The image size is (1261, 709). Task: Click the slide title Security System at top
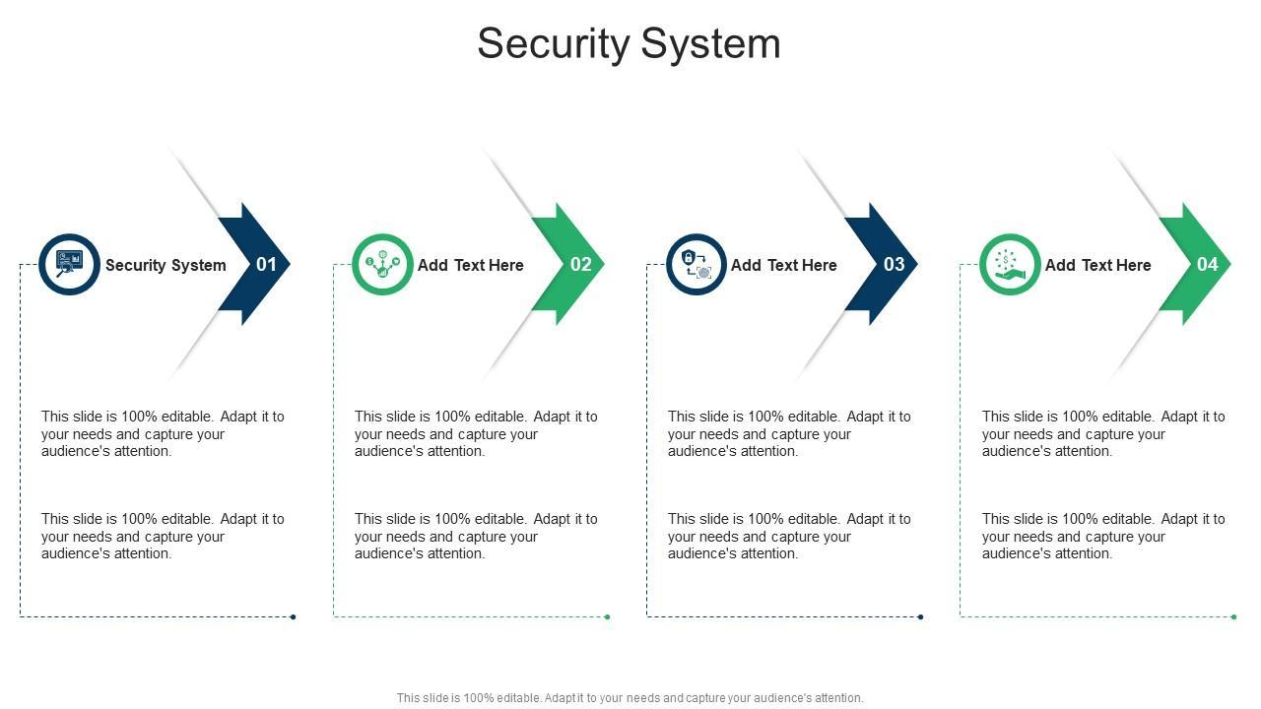[629, 44]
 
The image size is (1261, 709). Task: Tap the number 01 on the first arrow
[266, 265]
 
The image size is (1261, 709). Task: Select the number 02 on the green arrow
[581, 265]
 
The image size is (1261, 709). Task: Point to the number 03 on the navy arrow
[894, 265]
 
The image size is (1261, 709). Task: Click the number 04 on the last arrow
[1208, 265]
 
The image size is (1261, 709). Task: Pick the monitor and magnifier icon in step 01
[69, 265]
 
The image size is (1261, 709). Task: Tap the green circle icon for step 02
[383, 265]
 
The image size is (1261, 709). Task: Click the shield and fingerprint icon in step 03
[697, 265]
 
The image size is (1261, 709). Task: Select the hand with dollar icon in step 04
[1010, 265]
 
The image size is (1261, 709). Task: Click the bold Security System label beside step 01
[166, 265]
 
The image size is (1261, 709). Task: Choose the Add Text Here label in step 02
[471, 265]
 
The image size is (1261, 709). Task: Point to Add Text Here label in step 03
[784, 265]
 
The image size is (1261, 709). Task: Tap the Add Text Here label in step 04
[1098, 265]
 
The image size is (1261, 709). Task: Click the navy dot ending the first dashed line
[293, 616]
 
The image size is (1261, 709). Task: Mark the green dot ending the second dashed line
[607, 616]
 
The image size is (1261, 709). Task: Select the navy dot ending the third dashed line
[920, 616]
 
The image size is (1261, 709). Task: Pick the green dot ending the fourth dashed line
[1234, 616]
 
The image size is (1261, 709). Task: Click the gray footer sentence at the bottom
[630, 698]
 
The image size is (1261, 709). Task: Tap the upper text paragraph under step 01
[163, 434]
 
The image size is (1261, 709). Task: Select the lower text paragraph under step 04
[1103, 537]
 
